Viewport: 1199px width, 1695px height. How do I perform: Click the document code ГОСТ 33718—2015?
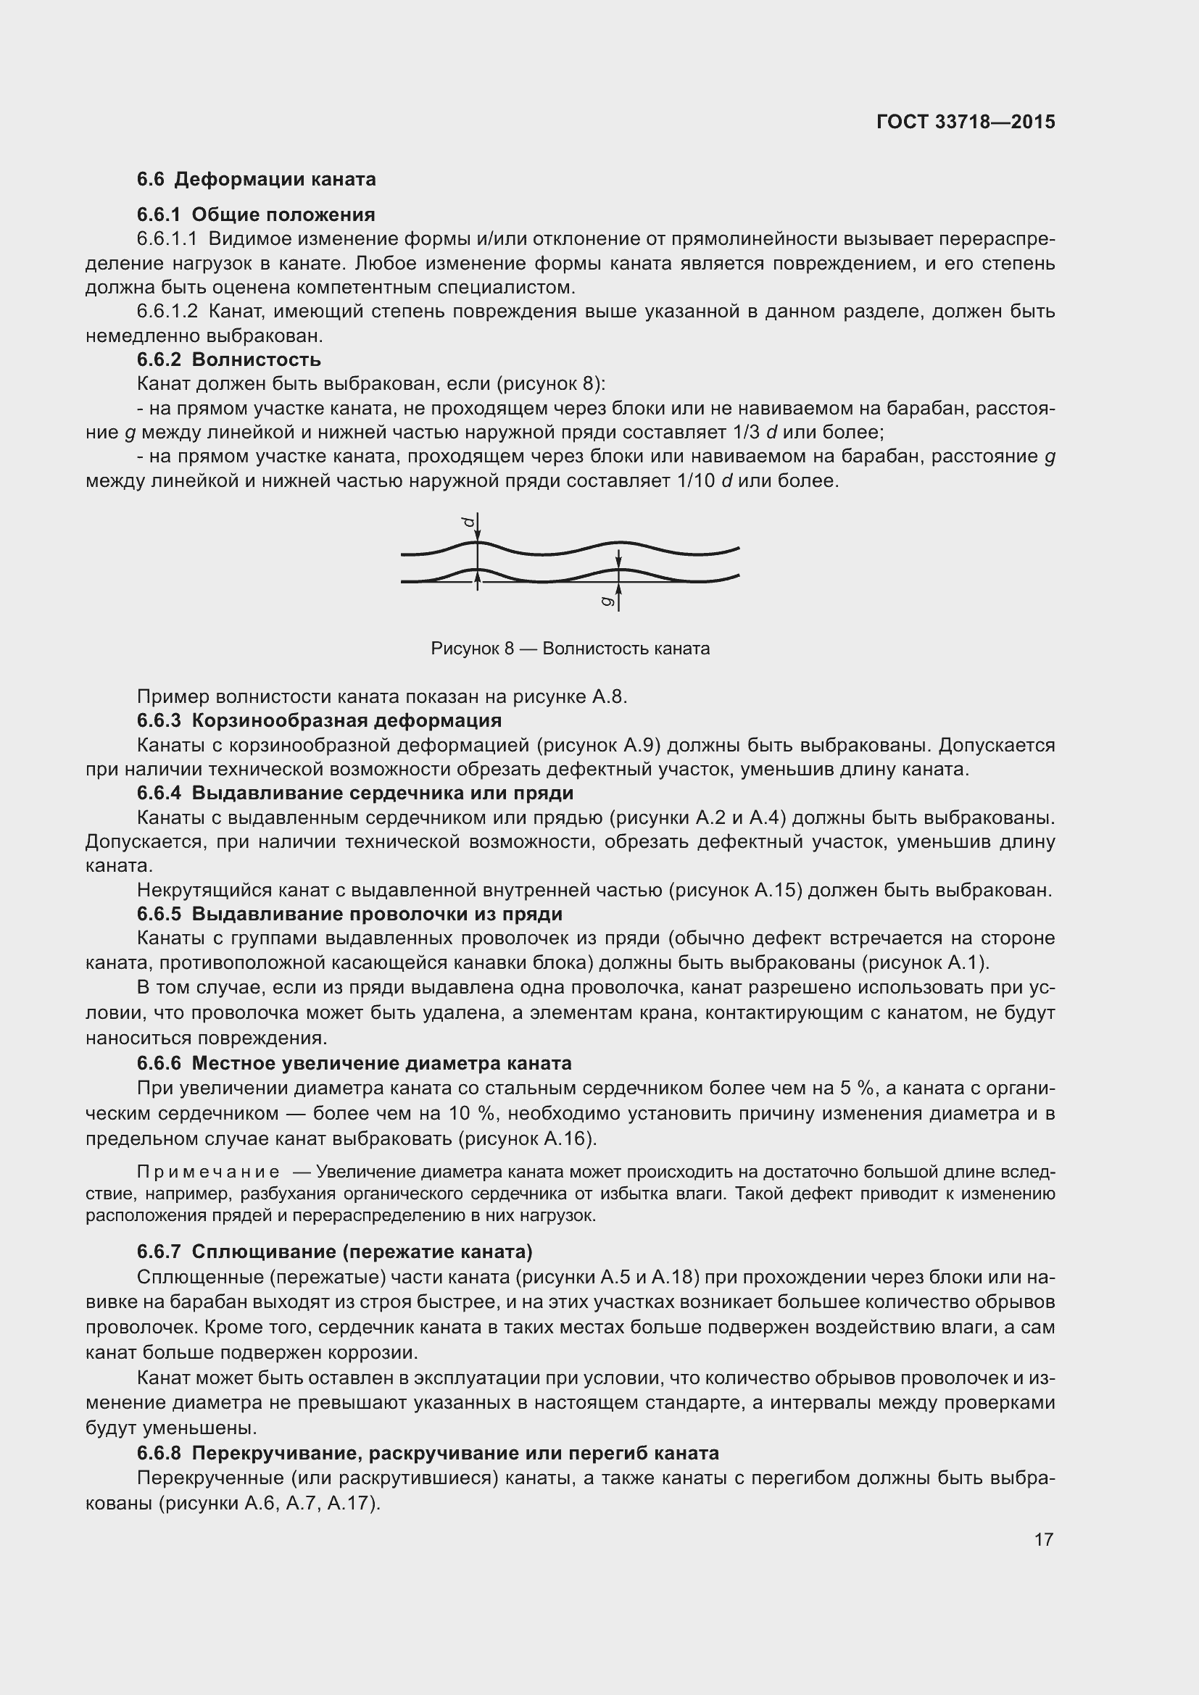point(966,122)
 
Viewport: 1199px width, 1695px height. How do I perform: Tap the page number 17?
point(1043,1539)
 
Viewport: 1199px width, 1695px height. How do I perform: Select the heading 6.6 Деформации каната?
point(256,180)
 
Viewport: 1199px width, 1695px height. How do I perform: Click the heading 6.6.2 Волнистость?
point(229,359)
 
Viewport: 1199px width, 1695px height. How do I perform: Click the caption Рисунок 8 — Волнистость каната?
point(570,648)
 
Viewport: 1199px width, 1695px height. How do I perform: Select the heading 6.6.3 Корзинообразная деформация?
point(319,720)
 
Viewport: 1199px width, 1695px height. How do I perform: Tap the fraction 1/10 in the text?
point(694,480)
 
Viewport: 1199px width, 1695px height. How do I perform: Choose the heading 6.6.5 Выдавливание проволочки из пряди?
point(349,914)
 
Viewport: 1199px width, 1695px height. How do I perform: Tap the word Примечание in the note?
point(208,1172)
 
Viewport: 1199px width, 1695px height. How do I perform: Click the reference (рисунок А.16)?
point(527,1138)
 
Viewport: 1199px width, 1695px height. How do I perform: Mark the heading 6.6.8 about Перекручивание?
point(428,1453)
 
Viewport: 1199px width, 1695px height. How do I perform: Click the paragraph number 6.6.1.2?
point(167,311)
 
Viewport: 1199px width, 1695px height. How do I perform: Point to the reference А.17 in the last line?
point(350,1502)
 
